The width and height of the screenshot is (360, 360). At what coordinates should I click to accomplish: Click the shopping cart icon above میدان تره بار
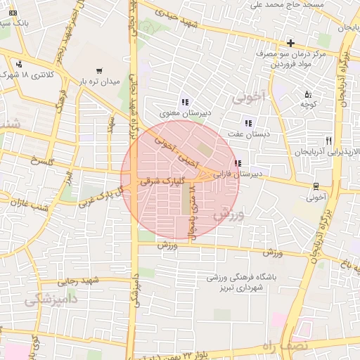pos(98,71)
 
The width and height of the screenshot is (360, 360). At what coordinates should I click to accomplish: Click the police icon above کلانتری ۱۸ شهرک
pos(18,64)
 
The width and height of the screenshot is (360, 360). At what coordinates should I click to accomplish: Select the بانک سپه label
pos(14,22)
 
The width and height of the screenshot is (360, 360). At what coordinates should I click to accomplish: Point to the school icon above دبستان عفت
pos(248,123)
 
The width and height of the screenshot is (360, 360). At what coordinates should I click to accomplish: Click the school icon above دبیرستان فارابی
pos(238,163)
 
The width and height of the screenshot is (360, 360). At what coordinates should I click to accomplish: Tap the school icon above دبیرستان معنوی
pos(185,102)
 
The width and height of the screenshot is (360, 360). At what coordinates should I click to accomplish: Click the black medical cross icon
pos(290,43)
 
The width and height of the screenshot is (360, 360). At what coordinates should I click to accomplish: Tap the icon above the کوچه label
pos(307,94)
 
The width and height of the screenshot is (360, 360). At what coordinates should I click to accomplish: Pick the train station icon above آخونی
pos(316,187)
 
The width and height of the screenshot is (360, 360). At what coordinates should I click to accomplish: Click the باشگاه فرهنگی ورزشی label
pos(242,278)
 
